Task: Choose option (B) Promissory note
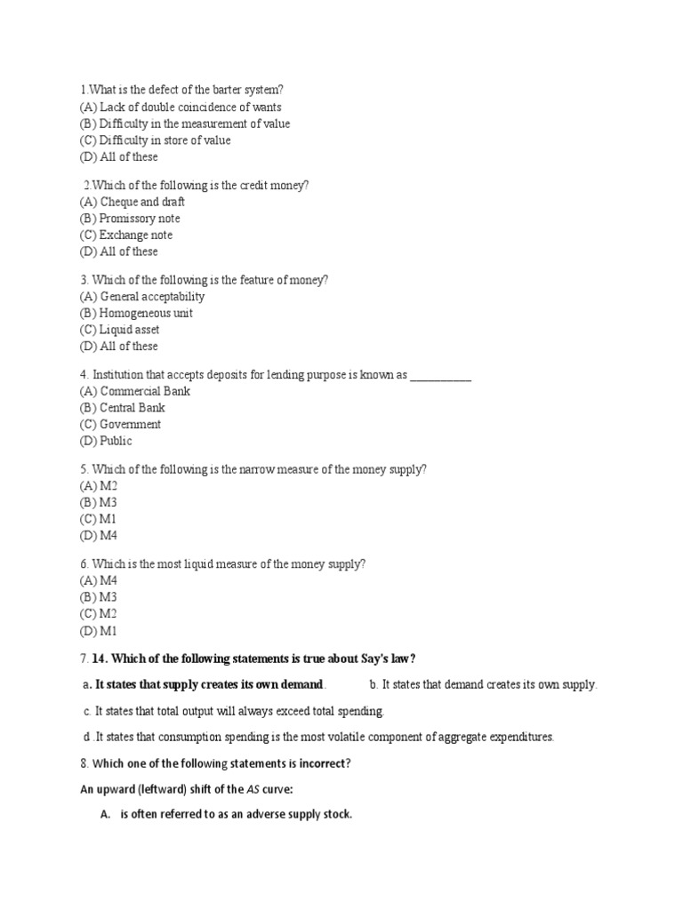coord(129,219)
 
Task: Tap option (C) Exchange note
coord(125,235)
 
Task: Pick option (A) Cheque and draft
coord(132,202)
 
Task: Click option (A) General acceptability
coord(141,297)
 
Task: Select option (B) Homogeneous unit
coord(135,314)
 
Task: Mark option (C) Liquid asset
coord(119,330)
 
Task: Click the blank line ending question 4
coord(441,376)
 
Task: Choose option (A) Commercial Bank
coord(134,392)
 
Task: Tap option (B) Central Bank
coord(122,408)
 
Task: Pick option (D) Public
coord(105,441)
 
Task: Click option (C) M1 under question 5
coord(98,519)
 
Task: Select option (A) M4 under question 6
coord(98,580)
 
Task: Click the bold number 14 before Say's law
coord(100,659)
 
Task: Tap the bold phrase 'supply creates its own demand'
coord(229,684)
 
